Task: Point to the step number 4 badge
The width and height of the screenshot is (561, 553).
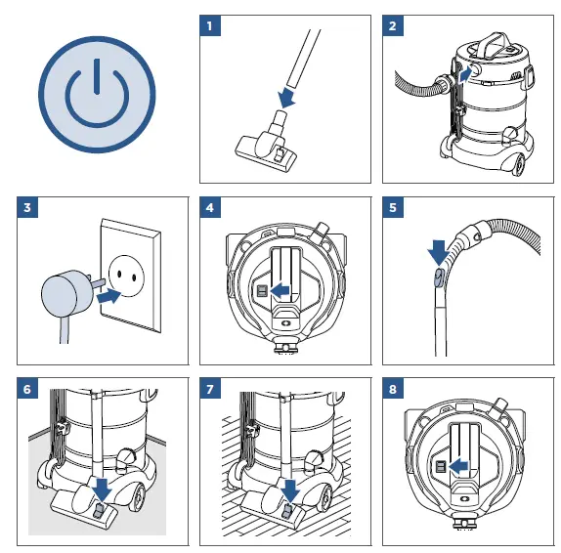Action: (209, 208)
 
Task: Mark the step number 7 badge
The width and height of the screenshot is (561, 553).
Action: (209, 390)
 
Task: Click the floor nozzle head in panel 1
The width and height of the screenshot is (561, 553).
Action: (264, 149)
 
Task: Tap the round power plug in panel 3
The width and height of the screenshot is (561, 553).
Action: (61, 292)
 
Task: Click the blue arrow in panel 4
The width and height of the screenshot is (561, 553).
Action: (282, 290)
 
